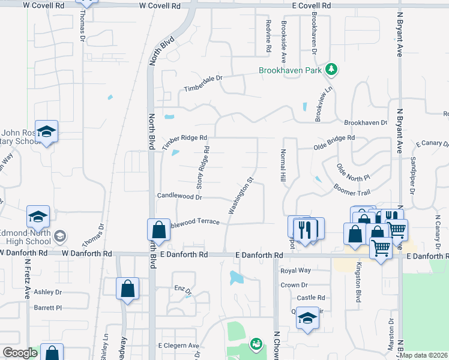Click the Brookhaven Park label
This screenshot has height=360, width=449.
coord(291,70)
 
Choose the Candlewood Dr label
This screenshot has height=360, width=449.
coord(179,196)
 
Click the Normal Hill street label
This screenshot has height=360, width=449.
coord(282,166)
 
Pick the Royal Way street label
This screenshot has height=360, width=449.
coord(295,271)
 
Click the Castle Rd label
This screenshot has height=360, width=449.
coord(311,298)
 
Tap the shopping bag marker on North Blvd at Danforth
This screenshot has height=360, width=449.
coord(158,230)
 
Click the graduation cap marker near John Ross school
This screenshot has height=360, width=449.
coord(46,131)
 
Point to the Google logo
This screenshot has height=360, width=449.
coord(20,353)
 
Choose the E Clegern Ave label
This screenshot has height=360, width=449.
coord(178,346)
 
